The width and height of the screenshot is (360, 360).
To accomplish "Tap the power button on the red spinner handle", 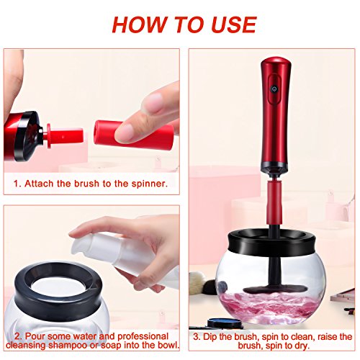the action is [x=274, y=89].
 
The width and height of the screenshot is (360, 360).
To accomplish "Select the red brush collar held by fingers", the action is [x=133, y=135].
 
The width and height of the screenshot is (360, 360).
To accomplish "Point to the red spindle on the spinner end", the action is [x=65, y=136].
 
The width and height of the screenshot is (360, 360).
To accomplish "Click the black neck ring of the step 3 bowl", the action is [x=271, y=243].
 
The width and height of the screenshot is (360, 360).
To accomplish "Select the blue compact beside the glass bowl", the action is [x=225, y=323].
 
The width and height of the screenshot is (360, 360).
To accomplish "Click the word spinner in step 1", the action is [x=149, y=184].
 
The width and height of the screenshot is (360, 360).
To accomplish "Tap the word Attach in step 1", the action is [x=39, y=184].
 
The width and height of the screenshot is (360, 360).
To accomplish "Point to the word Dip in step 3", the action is [x=210, y=337].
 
